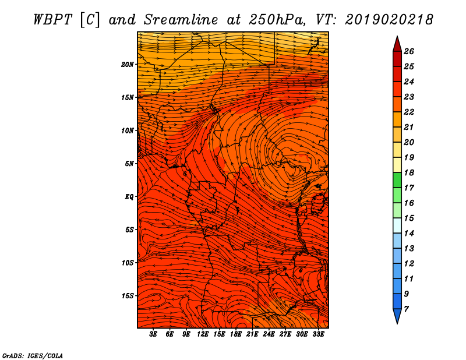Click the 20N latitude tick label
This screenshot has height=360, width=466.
tap(127, 65)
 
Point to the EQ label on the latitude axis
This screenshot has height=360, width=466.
tap(129, 197)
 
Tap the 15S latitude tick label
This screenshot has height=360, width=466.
tap(127, 296)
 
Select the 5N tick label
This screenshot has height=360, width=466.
tap(129, 164)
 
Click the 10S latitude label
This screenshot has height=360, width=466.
tap(127, 263)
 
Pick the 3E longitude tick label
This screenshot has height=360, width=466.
tap(153, 334)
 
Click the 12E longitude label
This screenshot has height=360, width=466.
tap(202, 334)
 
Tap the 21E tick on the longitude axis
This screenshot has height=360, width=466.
tap(252, 334)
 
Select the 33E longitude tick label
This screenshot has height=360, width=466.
tap(318, 334)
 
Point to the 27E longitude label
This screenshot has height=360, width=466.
tap(285, 334)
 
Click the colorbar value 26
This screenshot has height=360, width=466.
tap(409, 51)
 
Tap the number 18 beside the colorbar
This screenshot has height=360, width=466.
tap(409, 172)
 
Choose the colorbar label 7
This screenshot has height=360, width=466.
tap(406, 309)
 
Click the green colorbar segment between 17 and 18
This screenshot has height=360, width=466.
tap(397, 180)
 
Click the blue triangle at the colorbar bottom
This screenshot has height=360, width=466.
tap(397, 316)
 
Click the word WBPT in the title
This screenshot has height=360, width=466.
tap(52, 20)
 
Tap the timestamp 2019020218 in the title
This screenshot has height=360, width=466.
tap(389, 20)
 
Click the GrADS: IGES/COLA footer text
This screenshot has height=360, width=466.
tap(33, 356)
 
